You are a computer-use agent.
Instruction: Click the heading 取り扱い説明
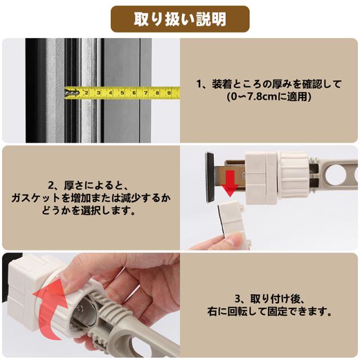click(x=180, y=19)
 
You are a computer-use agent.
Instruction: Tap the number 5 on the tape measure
click(x=122, y=93)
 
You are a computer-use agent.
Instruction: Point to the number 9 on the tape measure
click(x=169, y=93)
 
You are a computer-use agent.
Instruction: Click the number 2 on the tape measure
click(x=87, y=93)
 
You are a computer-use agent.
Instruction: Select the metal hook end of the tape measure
click(x=72, y=93)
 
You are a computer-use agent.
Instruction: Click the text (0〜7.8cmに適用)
click(x=269, y=97)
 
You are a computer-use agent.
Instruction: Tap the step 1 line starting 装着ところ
click(x=269, y=84)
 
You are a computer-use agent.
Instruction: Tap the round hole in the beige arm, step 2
click(x=335, y=175)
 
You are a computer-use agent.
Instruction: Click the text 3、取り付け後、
click(x=269, y=299)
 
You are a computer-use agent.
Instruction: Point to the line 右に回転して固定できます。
click(x=269, y=312)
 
